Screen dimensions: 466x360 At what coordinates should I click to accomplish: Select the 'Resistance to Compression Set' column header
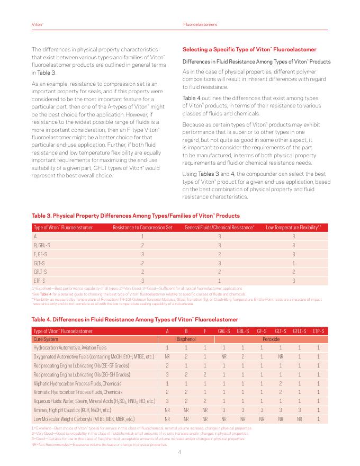(142, 228)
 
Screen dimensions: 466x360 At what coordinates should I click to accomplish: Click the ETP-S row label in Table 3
(39, 280)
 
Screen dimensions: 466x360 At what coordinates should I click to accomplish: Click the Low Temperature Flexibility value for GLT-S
(293, 263)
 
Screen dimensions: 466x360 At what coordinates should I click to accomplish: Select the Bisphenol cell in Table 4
(186, 339)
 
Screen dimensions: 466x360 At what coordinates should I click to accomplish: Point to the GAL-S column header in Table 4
(224, 331)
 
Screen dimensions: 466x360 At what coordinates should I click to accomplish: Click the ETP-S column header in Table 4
(318, 331)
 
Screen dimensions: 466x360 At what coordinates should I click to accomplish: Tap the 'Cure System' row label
(46, 339)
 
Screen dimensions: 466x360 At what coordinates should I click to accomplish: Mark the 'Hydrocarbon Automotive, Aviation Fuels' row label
(70, 347)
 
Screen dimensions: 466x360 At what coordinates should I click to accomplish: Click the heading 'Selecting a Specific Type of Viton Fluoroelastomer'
(249, 49)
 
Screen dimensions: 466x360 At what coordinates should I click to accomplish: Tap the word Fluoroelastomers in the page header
(200, 25)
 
